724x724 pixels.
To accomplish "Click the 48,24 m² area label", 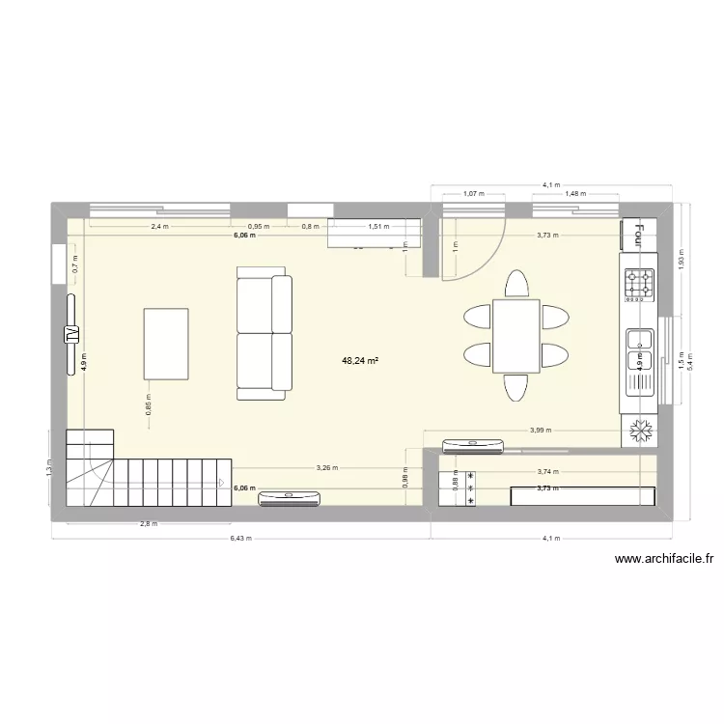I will pos(359,361).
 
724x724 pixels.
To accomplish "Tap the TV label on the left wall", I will pos(70,334).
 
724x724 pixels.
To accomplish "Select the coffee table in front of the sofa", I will pos(166,344).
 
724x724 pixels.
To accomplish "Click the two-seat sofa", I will pos(264,336).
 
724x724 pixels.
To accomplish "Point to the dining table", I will pos(515,336).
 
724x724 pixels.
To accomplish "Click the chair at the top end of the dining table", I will pos(516,285).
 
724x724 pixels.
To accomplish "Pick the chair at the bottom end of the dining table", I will pos(516,387).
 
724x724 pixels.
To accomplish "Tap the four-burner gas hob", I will pos(639,283).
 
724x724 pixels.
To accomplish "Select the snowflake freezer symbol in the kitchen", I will pos(639,432).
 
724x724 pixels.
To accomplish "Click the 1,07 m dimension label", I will pos(473,193).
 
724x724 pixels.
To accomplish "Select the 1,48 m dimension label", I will pos(577,193).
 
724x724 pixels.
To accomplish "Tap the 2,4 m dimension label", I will pos(159,227).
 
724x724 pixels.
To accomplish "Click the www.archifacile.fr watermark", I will pos(663,558).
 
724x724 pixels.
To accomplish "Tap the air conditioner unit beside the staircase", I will pos(290,497).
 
